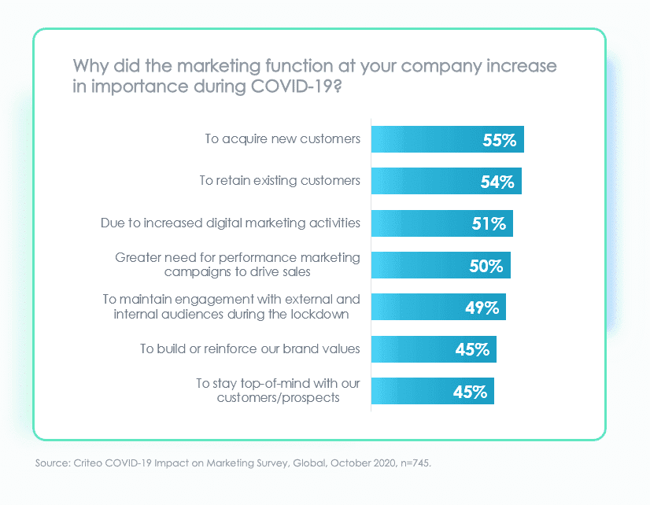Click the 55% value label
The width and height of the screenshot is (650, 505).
click(499, 140)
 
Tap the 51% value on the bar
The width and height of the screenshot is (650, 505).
click(489, 224)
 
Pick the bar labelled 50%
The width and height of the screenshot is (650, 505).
click(441, 266)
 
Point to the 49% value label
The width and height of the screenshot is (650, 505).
click(482, 308)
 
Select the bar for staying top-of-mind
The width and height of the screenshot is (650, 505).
click(432, 391)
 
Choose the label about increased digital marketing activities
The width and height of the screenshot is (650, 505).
click(231, 223)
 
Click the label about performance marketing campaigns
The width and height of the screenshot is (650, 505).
click(238, 264)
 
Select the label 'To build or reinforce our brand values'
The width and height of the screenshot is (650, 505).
click(250, 348)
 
